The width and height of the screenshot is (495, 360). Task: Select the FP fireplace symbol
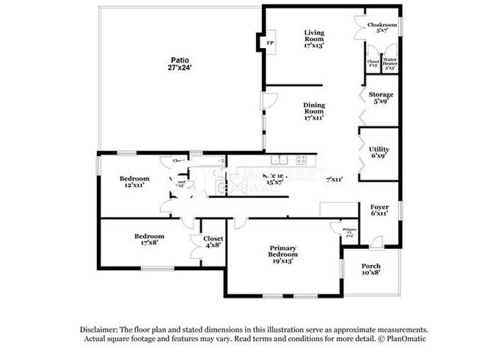(270, 43)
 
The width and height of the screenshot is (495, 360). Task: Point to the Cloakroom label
(382, 25)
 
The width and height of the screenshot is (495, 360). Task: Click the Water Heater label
(389, 61)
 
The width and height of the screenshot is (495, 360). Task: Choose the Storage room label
(382, 95)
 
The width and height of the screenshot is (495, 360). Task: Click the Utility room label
(379, 149)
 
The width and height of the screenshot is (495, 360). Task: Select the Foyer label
(379, 207)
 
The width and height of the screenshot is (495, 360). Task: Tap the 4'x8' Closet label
(212, 238)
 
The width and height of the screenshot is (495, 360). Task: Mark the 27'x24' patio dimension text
(180, 67)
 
